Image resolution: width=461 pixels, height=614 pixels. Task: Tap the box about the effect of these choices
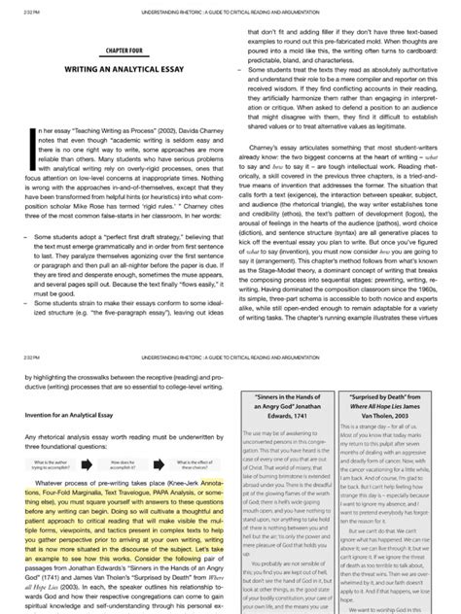pyautogui.click(x=175, y=437)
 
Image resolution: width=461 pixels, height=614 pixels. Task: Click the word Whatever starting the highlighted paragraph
pyautogui.click(x=49, y=456)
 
